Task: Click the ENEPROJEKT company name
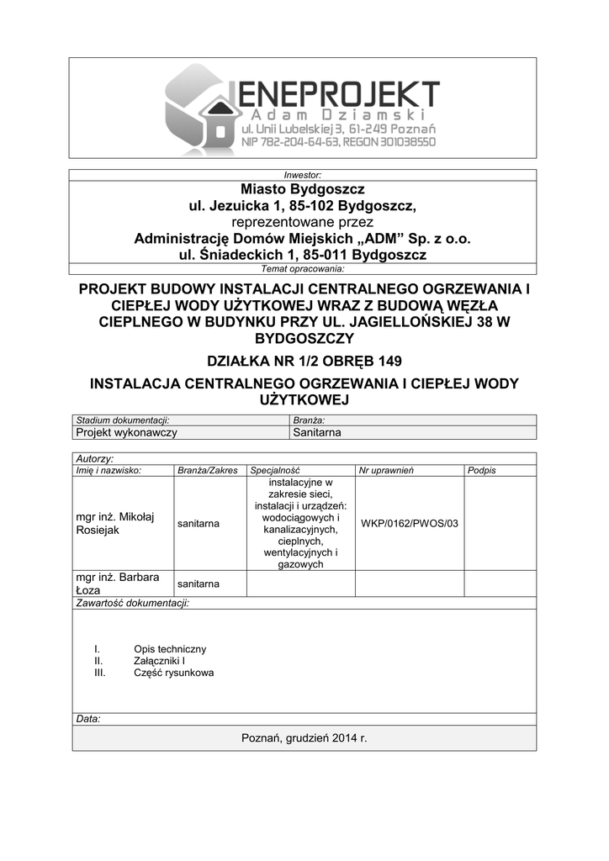pos(334,93)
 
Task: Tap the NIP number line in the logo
pos(338,142)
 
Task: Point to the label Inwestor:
pos(304,175)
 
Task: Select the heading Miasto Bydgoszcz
pos(304,189)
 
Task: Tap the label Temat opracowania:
pos(304,269)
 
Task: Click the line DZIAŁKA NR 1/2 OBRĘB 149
pos(304,362)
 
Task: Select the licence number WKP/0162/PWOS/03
pos(410,523)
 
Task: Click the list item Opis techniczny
pos(169,649)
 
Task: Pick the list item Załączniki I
pos(159,661)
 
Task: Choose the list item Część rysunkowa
pos(173,673)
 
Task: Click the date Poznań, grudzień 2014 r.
pos(304,737)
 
